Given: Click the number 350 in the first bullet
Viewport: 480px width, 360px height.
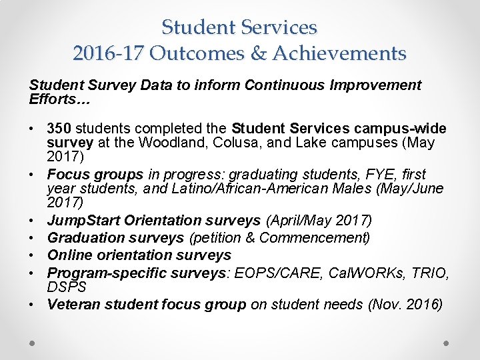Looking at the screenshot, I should click(60, 128).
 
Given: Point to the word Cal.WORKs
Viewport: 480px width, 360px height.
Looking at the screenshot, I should click(357, 273).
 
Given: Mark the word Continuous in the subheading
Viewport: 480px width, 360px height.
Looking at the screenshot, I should click(284, 85).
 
